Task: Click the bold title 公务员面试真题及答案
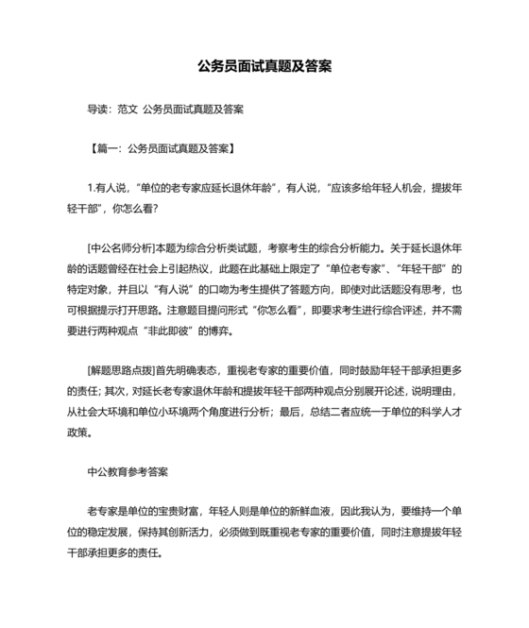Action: (264, 69)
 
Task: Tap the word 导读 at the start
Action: (98, 110)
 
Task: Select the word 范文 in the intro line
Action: (128, 110)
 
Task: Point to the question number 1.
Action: (90, 189)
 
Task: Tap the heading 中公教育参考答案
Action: (128, 469)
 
